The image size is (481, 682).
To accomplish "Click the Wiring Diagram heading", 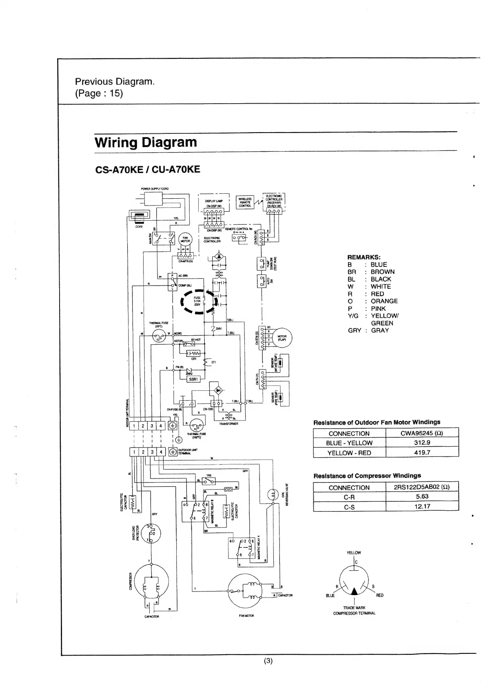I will pyautogui.click(x=146, y=142).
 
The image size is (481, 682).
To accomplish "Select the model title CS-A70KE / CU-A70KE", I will pyautogui.click(x=147, y=169).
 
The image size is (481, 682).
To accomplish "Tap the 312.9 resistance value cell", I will pyautogui.click(x=422, y=443).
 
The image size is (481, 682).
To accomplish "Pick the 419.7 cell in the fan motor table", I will pyautogui.click(x=422, y=452).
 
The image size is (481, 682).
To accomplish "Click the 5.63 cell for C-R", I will pyautogui.click(x=422, y=496).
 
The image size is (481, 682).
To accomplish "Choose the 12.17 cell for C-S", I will pyautogui.click(x=422, y=506).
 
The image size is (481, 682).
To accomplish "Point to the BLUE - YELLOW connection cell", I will pyautogui.click(x=349, y=443).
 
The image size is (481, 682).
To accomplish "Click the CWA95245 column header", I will pyautogui.click(x=422, y=433).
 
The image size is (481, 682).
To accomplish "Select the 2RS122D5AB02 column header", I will pyautogui.click(x=422, y=487).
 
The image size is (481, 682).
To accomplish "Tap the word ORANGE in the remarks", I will pyautogui.click(x=384, y=301).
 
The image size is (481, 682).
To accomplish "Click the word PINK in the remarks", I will pyautogui.click(x=378, y=308).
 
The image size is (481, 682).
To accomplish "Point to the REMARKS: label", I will pyautogui.click(x=364, y=257).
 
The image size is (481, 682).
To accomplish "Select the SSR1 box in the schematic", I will pyautogui.click(x=193, y=379).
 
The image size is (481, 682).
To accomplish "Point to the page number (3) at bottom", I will pyautogui.click(x=268, y=661).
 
